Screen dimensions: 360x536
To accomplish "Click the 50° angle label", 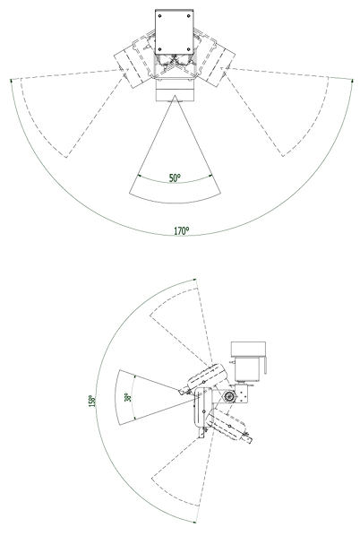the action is click(x=175, y=177).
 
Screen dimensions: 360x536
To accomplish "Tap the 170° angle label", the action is click(x=182, y=231).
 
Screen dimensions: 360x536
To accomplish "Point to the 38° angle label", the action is click(x=128, y=397).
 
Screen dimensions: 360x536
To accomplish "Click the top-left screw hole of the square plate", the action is click(x=159, y=16).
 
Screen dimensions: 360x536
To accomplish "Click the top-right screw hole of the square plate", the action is click(x=189, y=16).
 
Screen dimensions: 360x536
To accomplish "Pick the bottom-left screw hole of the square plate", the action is click(x=159, y=49).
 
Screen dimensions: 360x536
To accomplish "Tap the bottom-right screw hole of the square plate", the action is click(x=189, y=49).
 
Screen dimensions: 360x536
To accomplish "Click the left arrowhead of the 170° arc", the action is click(x=12, y=81).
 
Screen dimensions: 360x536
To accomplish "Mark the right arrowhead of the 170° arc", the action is click(x=352, y=81).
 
